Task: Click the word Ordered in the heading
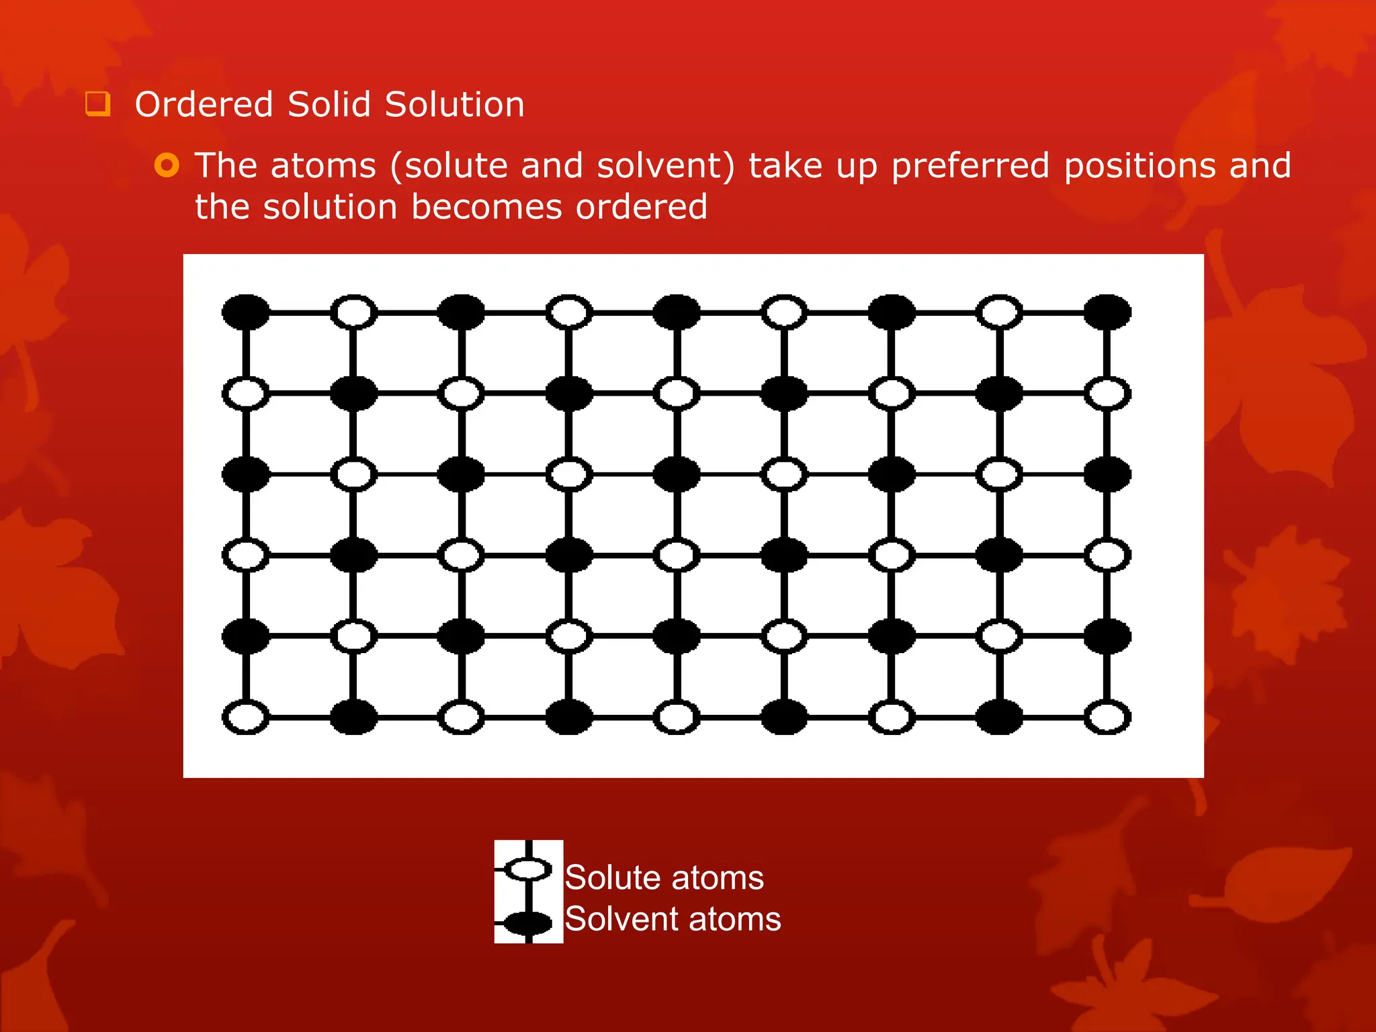pyautogui.click(x=204, y=105)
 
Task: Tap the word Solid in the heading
pyautogui.click(x=329, y=105)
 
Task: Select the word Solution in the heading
pyautogui.click(x=454, y=105)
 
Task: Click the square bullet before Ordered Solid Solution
pyautogui.click(x=97, y=104)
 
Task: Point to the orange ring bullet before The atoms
pyautogui.click(x=167, y=165)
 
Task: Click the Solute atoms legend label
pyautogui.click(x=664, y=877)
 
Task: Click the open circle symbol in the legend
pyautogui.click(x=528, y=869)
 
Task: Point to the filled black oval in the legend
pyautogui.click(x=528, y=923)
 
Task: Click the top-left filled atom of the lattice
pyautogui.click(x=246, y=312)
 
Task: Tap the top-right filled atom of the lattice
pyautogui.click(x=1107, y=312)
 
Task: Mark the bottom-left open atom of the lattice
pyautogui.click(x=246, y=717)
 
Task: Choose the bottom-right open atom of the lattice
pyautogui.click(x=1107, y=717)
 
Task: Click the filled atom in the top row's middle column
pyautogui.click(x=677, y=312)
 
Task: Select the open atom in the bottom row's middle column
pyautogui.click(x=677, y=717)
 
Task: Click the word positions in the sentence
pyautogui.click(x=1139, y=166)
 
